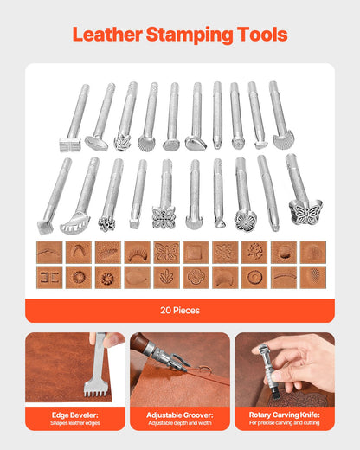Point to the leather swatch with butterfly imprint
(x=166, y=251)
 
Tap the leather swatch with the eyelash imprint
(x=137, y=251)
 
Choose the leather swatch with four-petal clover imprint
(x=196, y=277)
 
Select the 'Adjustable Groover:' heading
(x=180, y=414)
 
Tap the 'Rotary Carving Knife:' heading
(x=284, y=414)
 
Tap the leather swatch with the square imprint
(x=196, y=251)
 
